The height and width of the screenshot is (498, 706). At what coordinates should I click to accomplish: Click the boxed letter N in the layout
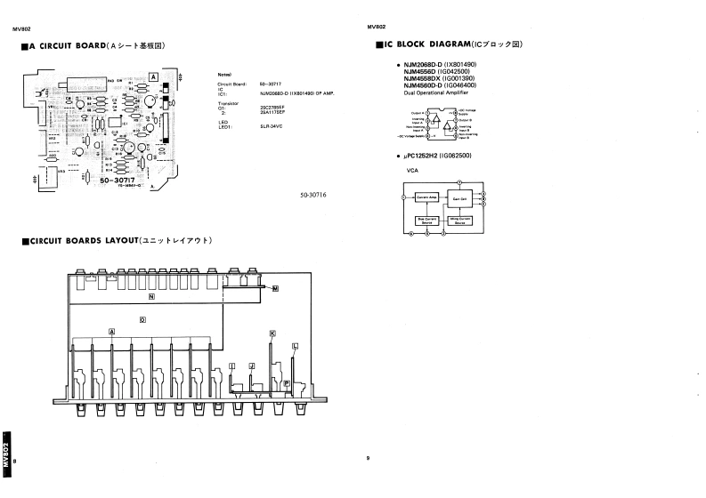coord(152,295)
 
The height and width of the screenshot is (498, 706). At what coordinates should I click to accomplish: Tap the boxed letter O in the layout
coord(143,318)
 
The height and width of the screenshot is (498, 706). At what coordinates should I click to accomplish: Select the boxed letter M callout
coord(275,289)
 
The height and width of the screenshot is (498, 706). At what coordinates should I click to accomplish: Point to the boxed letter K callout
coord(272,332)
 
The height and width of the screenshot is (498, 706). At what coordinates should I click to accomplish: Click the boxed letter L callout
coord(295,346)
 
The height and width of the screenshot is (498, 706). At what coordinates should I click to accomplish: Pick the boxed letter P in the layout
coord(287,382)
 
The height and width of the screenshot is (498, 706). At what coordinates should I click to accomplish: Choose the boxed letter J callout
coord(252,365)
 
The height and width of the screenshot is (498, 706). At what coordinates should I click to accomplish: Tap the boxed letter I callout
coord(231,365)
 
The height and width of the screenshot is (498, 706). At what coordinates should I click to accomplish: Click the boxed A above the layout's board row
coord(112,331)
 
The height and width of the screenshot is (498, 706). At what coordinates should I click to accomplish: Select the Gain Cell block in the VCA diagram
coord(459,198)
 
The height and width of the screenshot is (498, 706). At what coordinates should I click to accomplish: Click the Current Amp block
coord(427,198)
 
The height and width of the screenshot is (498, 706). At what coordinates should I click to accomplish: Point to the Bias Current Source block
coord(427,219)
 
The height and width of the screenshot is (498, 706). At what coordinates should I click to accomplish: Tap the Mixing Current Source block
coord(459,219)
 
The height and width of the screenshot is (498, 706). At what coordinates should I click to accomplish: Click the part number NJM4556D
coord(424,72)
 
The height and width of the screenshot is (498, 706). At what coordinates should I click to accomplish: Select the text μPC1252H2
coord(424,156)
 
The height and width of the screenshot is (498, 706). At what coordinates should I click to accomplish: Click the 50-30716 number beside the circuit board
coord(314,195)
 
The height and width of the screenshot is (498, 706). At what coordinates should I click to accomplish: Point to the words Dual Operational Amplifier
coord(436,92)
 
